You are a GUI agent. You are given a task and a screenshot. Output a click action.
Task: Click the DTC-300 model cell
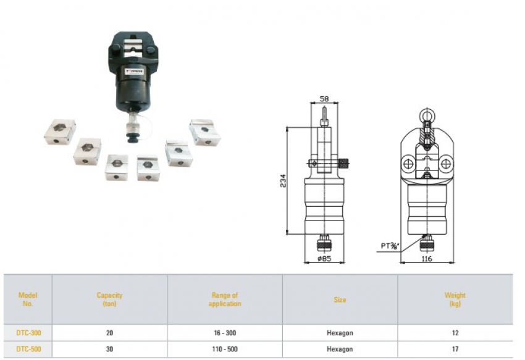(28, 333)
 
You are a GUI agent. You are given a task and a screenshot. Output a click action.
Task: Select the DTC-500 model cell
(28, 349)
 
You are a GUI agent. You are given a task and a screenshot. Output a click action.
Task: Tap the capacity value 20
(109, 333)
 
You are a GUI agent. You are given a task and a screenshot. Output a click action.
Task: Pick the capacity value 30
(109, 349)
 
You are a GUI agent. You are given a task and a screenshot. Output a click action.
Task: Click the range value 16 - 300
(224, 333)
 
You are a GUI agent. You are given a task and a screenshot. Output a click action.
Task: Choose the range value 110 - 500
(224, 349)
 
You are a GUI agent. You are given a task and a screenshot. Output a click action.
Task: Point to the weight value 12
(455, 333)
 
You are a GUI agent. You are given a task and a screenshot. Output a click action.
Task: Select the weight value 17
(455, 349)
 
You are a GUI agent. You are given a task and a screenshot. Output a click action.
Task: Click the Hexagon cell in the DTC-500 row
(340, 349)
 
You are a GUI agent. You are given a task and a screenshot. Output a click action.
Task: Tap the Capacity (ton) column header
(109, 299)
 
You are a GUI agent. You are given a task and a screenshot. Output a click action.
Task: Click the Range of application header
(224, 299)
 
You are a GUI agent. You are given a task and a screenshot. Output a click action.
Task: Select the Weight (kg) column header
(455, 299)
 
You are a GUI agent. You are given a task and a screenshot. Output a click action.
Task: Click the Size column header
(340, 299)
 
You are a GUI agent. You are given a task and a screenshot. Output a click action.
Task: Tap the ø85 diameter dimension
(325, 259)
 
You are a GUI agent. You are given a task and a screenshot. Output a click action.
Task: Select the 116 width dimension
(426, 259)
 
